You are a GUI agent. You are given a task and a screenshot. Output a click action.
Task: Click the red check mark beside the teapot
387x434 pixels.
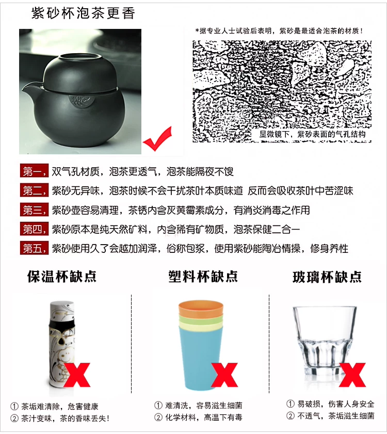(x=157, y=139)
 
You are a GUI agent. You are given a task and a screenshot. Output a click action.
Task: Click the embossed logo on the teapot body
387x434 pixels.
(x=81, y=102)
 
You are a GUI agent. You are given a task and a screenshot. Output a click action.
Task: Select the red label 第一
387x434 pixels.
(x=34, y=171)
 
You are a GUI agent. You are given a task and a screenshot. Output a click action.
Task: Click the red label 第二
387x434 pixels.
(x=34, y=190)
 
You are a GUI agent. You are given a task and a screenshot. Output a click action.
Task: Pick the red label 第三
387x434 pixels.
(x=34, y=210)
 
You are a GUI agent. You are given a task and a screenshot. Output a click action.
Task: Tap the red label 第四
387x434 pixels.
(x=34, y=229)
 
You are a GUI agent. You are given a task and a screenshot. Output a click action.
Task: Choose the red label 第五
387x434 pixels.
(x=34, y=248)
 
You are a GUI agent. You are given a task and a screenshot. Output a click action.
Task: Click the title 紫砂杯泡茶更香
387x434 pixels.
(x=83, y=13)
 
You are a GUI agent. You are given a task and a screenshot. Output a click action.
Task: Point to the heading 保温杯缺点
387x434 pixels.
(x=62, y=277)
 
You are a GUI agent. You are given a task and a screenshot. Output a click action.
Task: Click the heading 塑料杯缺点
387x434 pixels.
(x=203, y=277)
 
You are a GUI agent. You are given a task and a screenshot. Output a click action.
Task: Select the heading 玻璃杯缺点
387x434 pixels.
(x=327, y=277)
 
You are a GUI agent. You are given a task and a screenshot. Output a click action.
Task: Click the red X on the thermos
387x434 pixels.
(x=77, y=375)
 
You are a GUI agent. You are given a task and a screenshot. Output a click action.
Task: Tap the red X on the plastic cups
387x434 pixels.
(x=224, y=375)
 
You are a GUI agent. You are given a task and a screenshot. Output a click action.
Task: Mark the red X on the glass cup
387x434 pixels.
(x=352, y=375)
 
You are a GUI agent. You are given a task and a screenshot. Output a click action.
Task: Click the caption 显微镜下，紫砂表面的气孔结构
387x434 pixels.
(x=312, y=135)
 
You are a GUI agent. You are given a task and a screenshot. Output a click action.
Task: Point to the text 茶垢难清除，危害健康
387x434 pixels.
(x=60, y=407)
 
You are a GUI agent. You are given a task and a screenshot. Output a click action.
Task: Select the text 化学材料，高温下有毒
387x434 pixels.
(x=204, y=417)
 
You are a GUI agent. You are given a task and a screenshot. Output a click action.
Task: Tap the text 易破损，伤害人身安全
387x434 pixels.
(x=336, y=404)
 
